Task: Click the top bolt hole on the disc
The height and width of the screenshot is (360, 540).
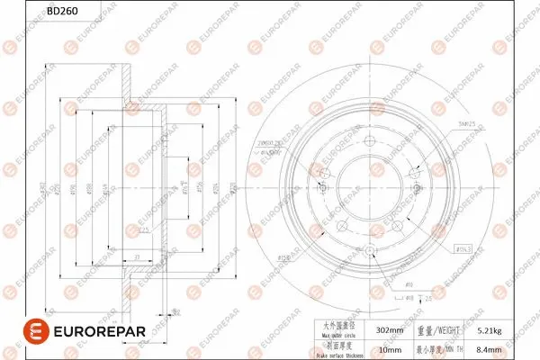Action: pyautogui.click(x=368, y=139)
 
